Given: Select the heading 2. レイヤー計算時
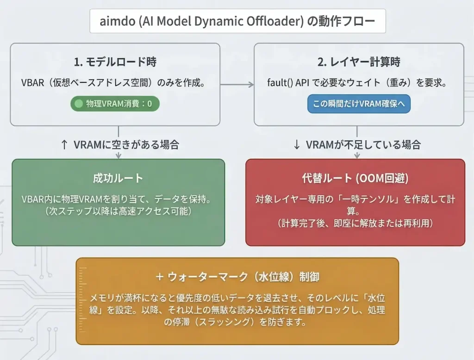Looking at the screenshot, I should [x=359, y=62].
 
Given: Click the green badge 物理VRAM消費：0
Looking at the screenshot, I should [x=115, y=104].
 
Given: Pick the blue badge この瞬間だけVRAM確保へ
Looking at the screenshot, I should [x=359, y=104].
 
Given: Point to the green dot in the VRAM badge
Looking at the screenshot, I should [x=79, y=104].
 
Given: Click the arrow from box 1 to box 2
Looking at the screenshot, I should [x=237, y=84].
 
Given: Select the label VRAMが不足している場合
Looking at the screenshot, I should [x=363, y=144].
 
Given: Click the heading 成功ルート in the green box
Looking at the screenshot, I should [x=118, y=178].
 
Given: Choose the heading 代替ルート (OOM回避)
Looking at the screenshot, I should [x=355, y=178].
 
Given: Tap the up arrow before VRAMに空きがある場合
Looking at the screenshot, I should [x=64, y=144].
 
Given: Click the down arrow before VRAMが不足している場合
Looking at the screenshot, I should [x=297, y=144].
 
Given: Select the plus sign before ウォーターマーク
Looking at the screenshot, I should [x=160, y=277].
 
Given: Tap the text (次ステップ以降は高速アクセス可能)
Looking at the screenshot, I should [x=118, y=211].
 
